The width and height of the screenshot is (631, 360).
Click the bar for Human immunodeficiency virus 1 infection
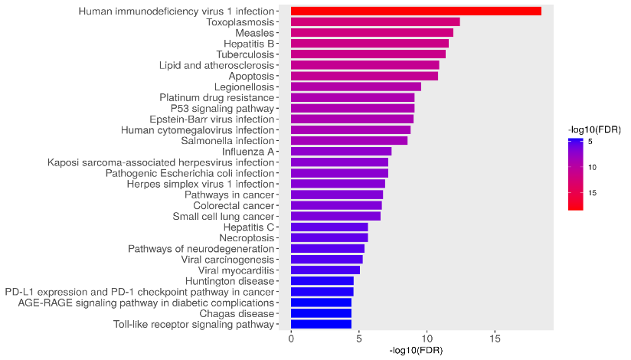click(x=416, y=11)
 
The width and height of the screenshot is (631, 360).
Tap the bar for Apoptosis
click(x=365, y=76)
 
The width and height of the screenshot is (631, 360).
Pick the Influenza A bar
click(x=341, y=152)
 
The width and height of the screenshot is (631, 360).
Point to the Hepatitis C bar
click(x=329, y=227)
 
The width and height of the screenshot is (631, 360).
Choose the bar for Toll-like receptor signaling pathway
click(x=321, y=324)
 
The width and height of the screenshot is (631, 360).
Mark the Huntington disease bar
click(x=322, y=281)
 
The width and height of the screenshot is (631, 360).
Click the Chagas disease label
click(x=237, y=313)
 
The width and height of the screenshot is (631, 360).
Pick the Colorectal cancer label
click(x=234, y=205)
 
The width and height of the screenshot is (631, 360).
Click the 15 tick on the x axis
click(x=495, y=339)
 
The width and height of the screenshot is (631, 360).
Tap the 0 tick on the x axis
click(x=291, y=339)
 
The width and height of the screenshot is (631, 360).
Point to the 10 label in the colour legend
click(x=593, y=167)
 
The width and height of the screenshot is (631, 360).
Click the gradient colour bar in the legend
click(x=575, y=173)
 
